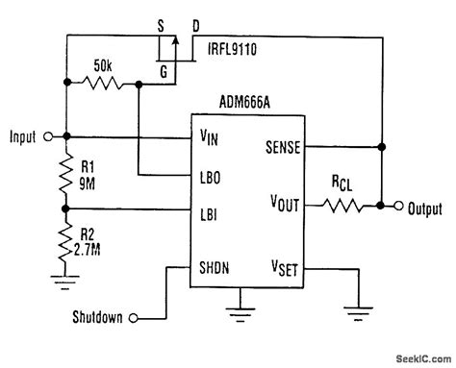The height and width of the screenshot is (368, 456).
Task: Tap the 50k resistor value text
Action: [104, 68]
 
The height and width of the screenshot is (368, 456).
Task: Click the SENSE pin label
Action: [285, 147]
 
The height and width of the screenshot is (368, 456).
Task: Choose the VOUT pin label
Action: [286, 206]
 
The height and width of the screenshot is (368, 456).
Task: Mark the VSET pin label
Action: [288, 267]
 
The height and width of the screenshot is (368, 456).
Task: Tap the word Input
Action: [21, 136]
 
